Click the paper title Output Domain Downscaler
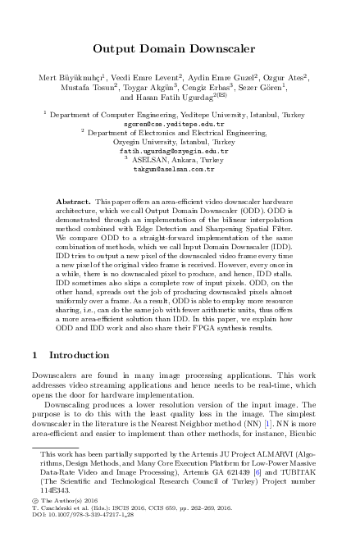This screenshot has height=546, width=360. click(x=180, y=48)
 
